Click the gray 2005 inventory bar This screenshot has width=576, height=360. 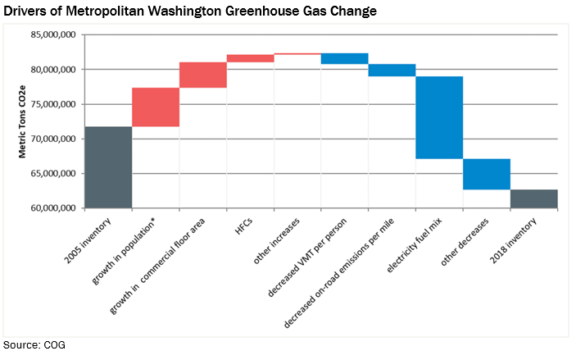tap(108, 167)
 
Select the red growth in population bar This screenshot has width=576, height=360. tap(156, 107)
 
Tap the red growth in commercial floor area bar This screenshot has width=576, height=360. tap(203, 75)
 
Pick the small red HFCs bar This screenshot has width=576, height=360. tap(250, 58)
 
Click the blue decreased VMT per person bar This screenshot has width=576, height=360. tap(344, 58)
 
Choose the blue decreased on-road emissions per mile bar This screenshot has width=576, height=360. tap(392, 70)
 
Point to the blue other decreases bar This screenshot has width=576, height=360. tap(487, 174)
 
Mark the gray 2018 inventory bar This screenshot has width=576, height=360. tap(534, 198)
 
